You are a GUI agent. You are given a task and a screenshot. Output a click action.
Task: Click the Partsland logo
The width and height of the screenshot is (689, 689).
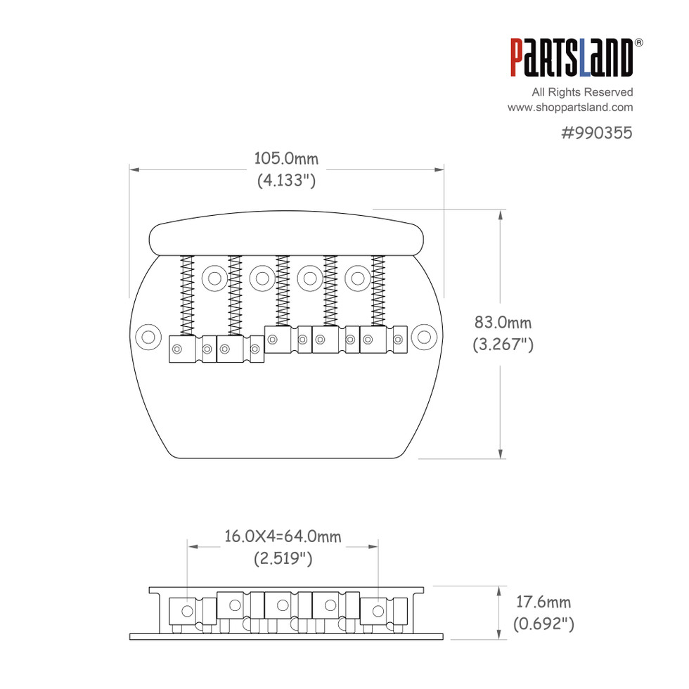pos(571,58)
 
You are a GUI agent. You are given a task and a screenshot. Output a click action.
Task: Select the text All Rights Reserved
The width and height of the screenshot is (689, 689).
pos(582,92)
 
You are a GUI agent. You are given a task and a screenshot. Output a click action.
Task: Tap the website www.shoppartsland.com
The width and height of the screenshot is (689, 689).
pos(570,108)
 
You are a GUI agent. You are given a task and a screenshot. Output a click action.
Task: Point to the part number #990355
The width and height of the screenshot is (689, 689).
pos(597,133)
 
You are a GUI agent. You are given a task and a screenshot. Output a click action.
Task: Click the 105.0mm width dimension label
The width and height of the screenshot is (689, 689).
pos(286,159)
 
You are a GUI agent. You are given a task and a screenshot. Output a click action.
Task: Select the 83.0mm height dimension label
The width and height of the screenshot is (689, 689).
pos(503,323)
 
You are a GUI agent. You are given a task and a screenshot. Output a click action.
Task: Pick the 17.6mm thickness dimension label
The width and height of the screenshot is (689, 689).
pos(543,602)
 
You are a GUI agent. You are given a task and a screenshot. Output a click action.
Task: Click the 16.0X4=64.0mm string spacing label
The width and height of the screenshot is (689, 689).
pos(283,536)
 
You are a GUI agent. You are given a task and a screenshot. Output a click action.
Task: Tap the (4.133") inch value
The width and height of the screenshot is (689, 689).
pos(286,180)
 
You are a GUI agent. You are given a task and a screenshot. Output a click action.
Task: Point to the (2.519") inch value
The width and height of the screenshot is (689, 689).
pos(283,558)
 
